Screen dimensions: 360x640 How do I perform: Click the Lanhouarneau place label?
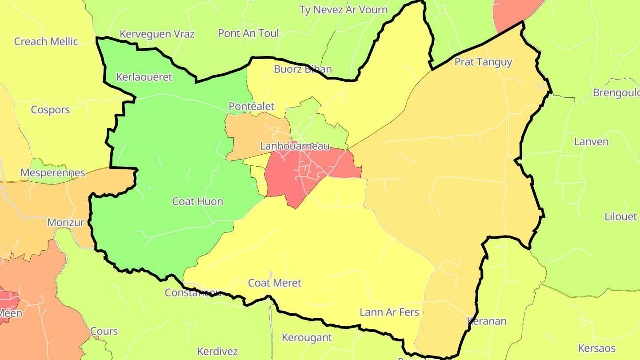pos(295,146)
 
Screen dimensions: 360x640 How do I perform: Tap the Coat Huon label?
pos(197,201)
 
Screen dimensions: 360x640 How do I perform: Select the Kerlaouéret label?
pos(144,77)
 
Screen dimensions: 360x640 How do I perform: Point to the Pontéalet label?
pos(251,106)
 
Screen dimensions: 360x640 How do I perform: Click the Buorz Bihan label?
pos(303,69)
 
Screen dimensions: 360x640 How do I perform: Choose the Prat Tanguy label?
pos(483,62)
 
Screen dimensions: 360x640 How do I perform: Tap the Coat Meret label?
pos(274,283)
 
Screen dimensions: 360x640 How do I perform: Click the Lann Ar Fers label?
pos(389,312)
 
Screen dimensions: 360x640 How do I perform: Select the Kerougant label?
pos(307,337)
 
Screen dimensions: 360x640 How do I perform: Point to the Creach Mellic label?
pos(46,41)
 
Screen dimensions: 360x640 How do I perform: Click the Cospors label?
pos(50,109)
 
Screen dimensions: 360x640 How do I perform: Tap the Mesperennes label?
pos(52,172)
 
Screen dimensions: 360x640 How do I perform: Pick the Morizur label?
pos(66,222)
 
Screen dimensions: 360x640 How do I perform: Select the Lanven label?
pos(591,142)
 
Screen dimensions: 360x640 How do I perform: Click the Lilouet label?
pos(620,216)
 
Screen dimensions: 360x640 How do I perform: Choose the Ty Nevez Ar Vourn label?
pos(343,10)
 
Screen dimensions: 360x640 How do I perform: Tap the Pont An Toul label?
pos(248,33)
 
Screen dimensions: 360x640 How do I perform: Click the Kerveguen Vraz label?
pos(157,34)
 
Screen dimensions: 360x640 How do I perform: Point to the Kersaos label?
pos(596,348)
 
